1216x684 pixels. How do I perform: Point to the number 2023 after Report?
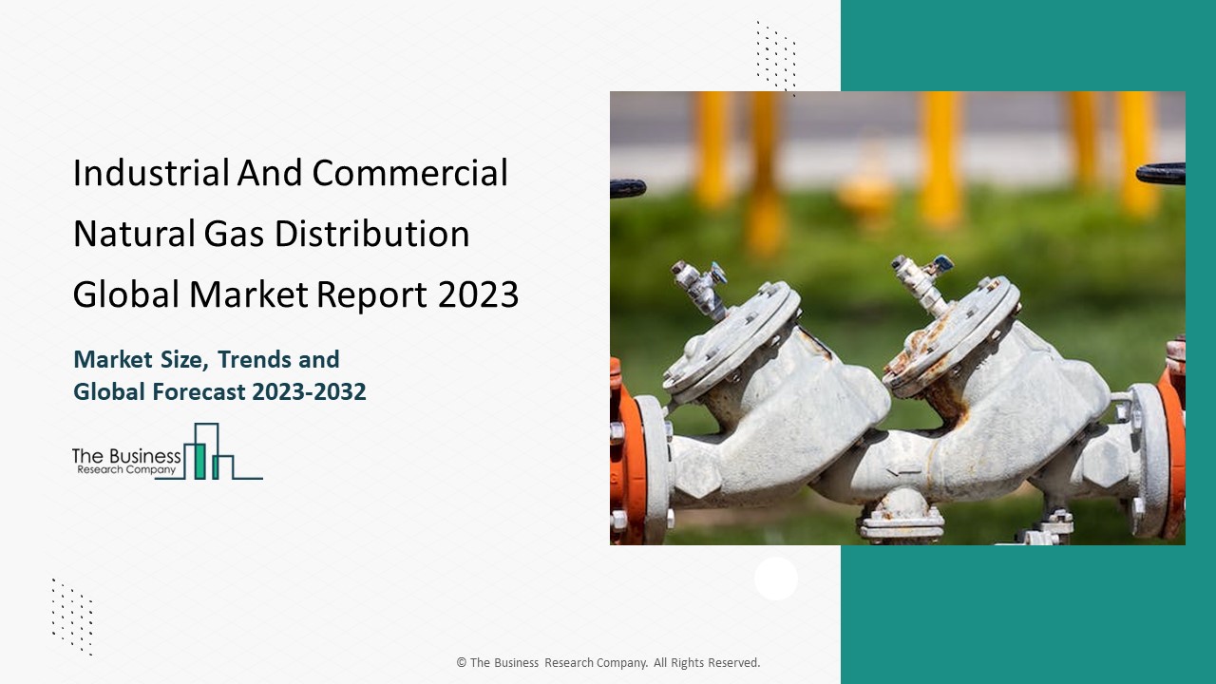click(x=479, y=295)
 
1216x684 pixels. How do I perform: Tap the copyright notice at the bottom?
click(x=608, y=662)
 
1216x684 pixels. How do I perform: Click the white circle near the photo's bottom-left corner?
click(x=776, y=579)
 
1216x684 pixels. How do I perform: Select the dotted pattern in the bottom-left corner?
click(x=72, y=617)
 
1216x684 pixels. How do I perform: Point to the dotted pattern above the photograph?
click(x=775, y=57)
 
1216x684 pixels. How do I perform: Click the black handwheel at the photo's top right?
click(x=1160, y=173)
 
